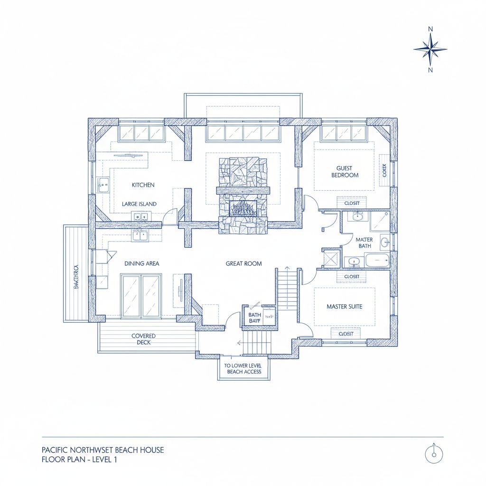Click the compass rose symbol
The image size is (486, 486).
[430, 49]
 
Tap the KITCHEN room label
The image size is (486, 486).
[143, 185]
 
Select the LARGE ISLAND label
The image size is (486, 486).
[139, 204]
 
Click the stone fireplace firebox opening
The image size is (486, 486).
[243, 208]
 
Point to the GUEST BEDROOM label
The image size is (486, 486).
[347, 171]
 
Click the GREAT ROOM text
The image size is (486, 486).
[243, 263]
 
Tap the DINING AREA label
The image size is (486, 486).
[141, 263]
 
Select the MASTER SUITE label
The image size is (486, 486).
[344, 307]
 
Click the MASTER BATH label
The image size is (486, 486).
[364, 243]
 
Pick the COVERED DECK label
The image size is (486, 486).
[143, 339]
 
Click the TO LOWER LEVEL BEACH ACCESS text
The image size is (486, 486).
[243, 368]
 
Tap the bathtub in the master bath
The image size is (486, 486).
[377, 260]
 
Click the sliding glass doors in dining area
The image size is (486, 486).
[141, 296]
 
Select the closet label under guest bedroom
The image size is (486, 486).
[352, 203]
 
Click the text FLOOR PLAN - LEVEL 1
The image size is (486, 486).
[79, 459]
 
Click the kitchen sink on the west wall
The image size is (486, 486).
[103, 185]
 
